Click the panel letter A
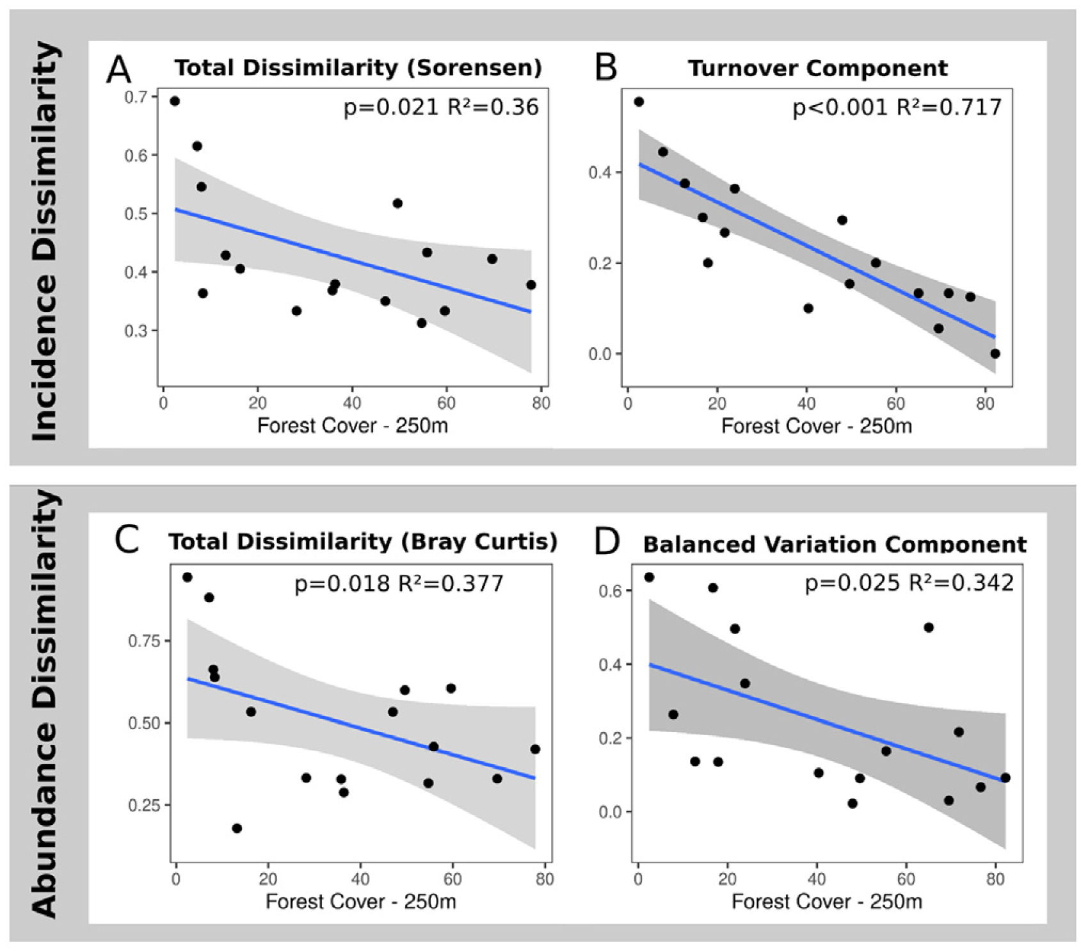(x=118, y=70)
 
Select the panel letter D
(x=607, y=542)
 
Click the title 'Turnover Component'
(x=817, y=69)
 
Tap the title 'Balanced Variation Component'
(x=835, y=544)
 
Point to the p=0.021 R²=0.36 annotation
(x=441, y=107)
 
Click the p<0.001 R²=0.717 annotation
(x=897, y=107)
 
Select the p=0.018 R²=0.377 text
(x=399, y=583)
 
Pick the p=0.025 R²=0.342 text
(x=909, y=583)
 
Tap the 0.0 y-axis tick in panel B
(x=600, y=354)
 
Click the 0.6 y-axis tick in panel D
(x=611, y=590)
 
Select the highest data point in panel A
(x=175, y=101)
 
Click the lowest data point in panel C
(x=237, y=828)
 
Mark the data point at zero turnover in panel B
(x=995, y=354)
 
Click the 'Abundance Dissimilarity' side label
(x=45, y=703)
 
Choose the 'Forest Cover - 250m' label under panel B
(x=816, y=426)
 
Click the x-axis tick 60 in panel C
(x=452, y=879)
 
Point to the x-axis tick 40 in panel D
(x=817, y=879)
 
